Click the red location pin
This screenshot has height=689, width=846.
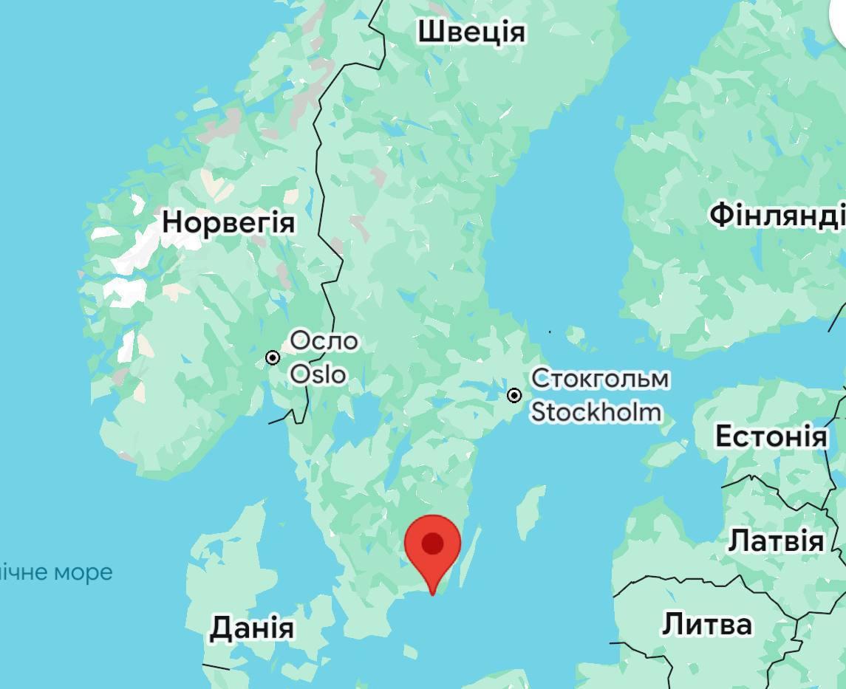[x=432, y=550]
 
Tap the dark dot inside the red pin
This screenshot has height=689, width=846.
[x=432, y=544]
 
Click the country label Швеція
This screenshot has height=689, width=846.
[x=471, y=32]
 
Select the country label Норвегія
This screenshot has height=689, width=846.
[x=228, y=222]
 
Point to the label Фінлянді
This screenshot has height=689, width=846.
[x=777, y=215]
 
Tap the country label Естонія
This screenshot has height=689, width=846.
[x=771, y=436]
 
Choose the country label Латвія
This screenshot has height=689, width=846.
[x=776, y=541]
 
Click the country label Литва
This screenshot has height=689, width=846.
[x=706, y=624]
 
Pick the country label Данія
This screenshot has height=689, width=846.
[x=251, y=628]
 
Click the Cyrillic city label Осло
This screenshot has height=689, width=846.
[x=324, y=341]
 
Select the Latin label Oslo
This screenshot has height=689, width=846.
[x=318, y=374]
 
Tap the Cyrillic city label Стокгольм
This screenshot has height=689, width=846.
[x=600, y=379]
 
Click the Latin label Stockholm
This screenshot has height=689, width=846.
[x=596, y=411]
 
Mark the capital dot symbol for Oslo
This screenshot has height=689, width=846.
[x=273, y=358]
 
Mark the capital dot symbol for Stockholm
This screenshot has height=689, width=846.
[x=514, y=396]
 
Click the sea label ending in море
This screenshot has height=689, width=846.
[x=56, y=572]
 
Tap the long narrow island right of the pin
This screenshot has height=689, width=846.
[x=471, y=554]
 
